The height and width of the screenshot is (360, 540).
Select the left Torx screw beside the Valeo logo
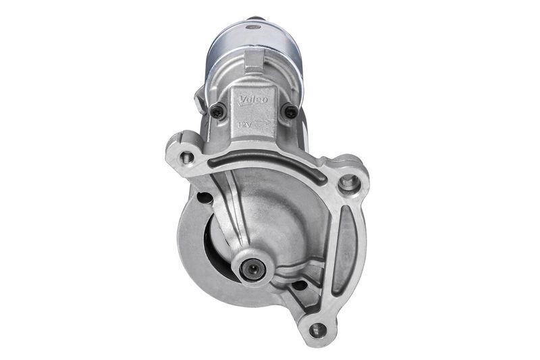coord(217,113)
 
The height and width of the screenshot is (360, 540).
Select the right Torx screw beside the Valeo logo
coord(290,112)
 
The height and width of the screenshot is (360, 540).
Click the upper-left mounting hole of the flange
coord(187,157)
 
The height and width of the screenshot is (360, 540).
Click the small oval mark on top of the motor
coord(253,28)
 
